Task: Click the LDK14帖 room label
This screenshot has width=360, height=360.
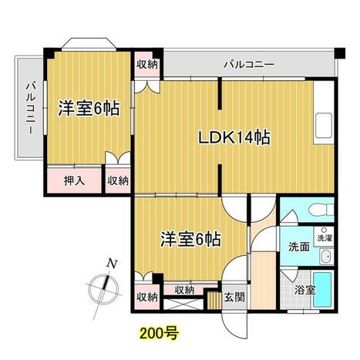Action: [234, 138]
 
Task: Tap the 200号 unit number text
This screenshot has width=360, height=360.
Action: [160, 334]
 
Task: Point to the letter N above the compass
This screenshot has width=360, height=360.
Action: [112, 264]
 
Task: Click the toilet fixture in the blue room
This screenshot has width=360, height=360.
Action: [321, 209]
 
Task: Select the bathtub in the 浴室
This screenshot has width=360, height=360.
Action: [322, 290]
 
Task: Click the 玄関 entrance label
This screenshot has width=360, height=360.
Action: [234, 298]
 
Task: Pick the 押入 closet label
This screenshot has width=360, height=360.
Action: [74, 181]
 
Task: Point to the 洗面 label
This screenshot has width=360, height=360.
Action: [299, 247]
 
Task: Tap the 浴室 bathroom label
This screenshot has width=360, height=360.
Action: [304, 291]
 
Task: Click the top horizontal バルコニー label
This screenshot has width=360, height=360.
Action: [249, 64]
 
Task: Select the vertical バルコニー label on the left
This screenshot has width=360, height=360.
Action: [31, 108]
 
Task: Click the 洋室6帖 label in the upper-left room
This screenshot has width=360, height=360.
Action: [89, 109]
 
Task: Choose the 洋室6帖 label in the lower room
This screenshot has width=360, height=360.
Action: [191, 240]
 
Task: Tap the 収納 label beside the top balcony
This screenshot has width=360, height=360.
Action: [147, 64]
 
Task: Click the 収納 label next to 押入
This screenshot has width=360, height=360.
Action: [118, 181]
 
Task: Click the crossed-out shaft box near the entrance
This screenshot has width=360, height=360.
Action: [183, 303]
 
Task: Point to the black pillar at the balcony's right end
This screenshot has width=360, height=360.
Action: [340, 53]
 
